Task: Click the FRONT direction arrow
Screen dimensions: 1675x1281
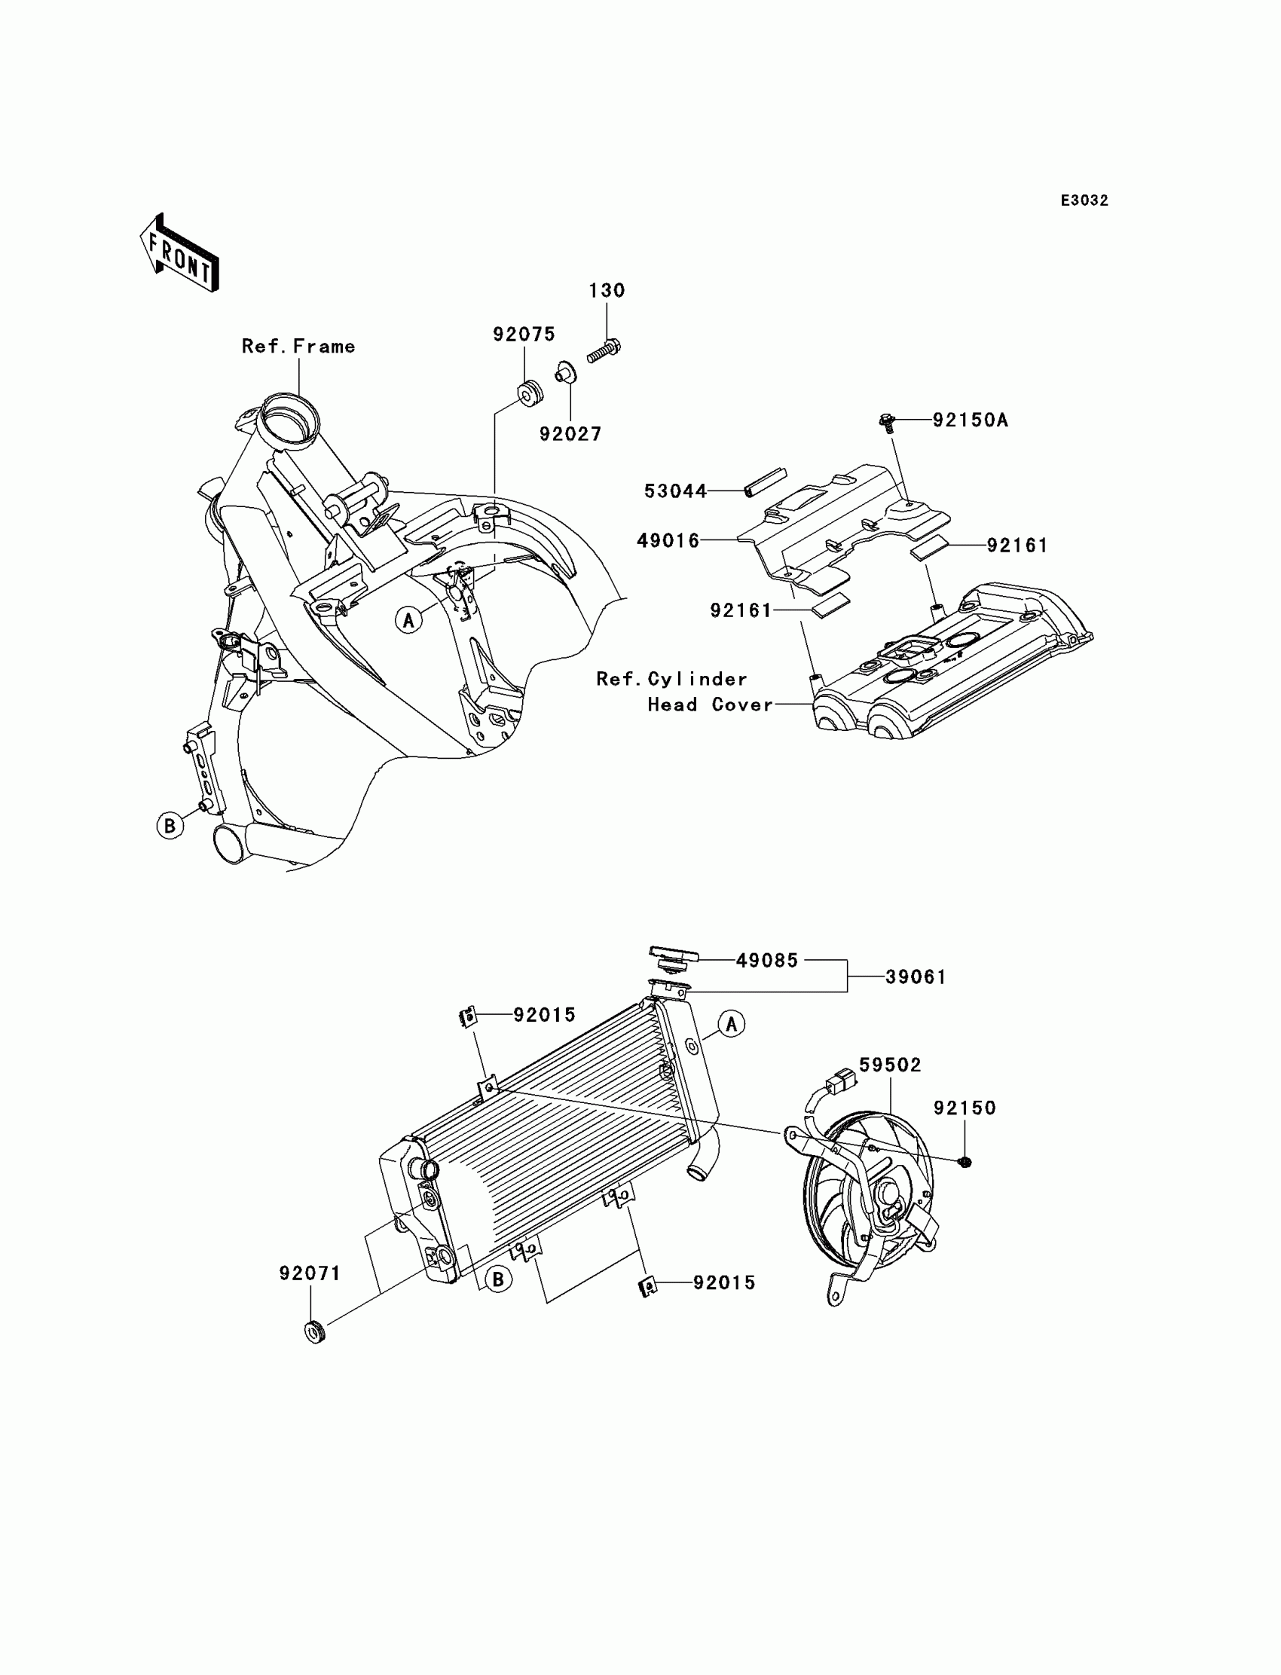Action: (x=180, y=253)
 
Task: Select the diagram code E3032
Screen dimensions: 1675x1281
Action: (x=1084, y=200)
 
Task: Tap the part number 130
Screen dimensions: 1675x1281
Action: (x=606, y=291)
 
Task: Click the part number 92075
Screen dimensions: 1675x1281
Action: (x=524, y=335)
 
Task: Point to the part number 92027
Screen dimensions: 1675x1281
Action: (x=570, y=434)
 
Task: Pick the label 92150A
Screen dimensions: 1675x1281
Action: (x=970, y=420)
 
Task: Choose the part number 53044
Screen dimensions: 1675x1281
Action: (x=676, y=492)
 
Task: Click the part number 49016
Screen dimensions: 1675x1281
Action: (x=668, y=541)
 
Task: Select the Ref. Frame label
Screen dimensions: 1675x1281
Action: (x=298, y=347)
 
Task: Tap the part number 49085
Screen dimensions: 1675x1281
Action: (x=767, y=961)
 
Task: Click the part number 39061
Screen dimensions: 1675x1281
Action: (x=916, y=977)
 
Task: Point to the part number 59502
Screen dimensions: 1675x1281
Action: (x=890, y=1065)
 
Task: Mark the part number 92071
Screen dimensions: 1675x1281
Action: (x=310, y=1274)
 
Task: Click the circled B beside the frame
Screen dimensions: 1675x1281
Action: (x=170, y=826)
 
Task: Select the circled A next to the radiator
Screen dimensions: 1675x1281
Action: (x=731, y=1025)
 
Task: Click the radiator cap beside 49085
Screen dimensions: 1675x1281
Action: (x=674, y=958)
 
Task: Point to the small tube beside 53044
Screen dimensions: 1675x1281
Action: (x=765, y=482)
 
